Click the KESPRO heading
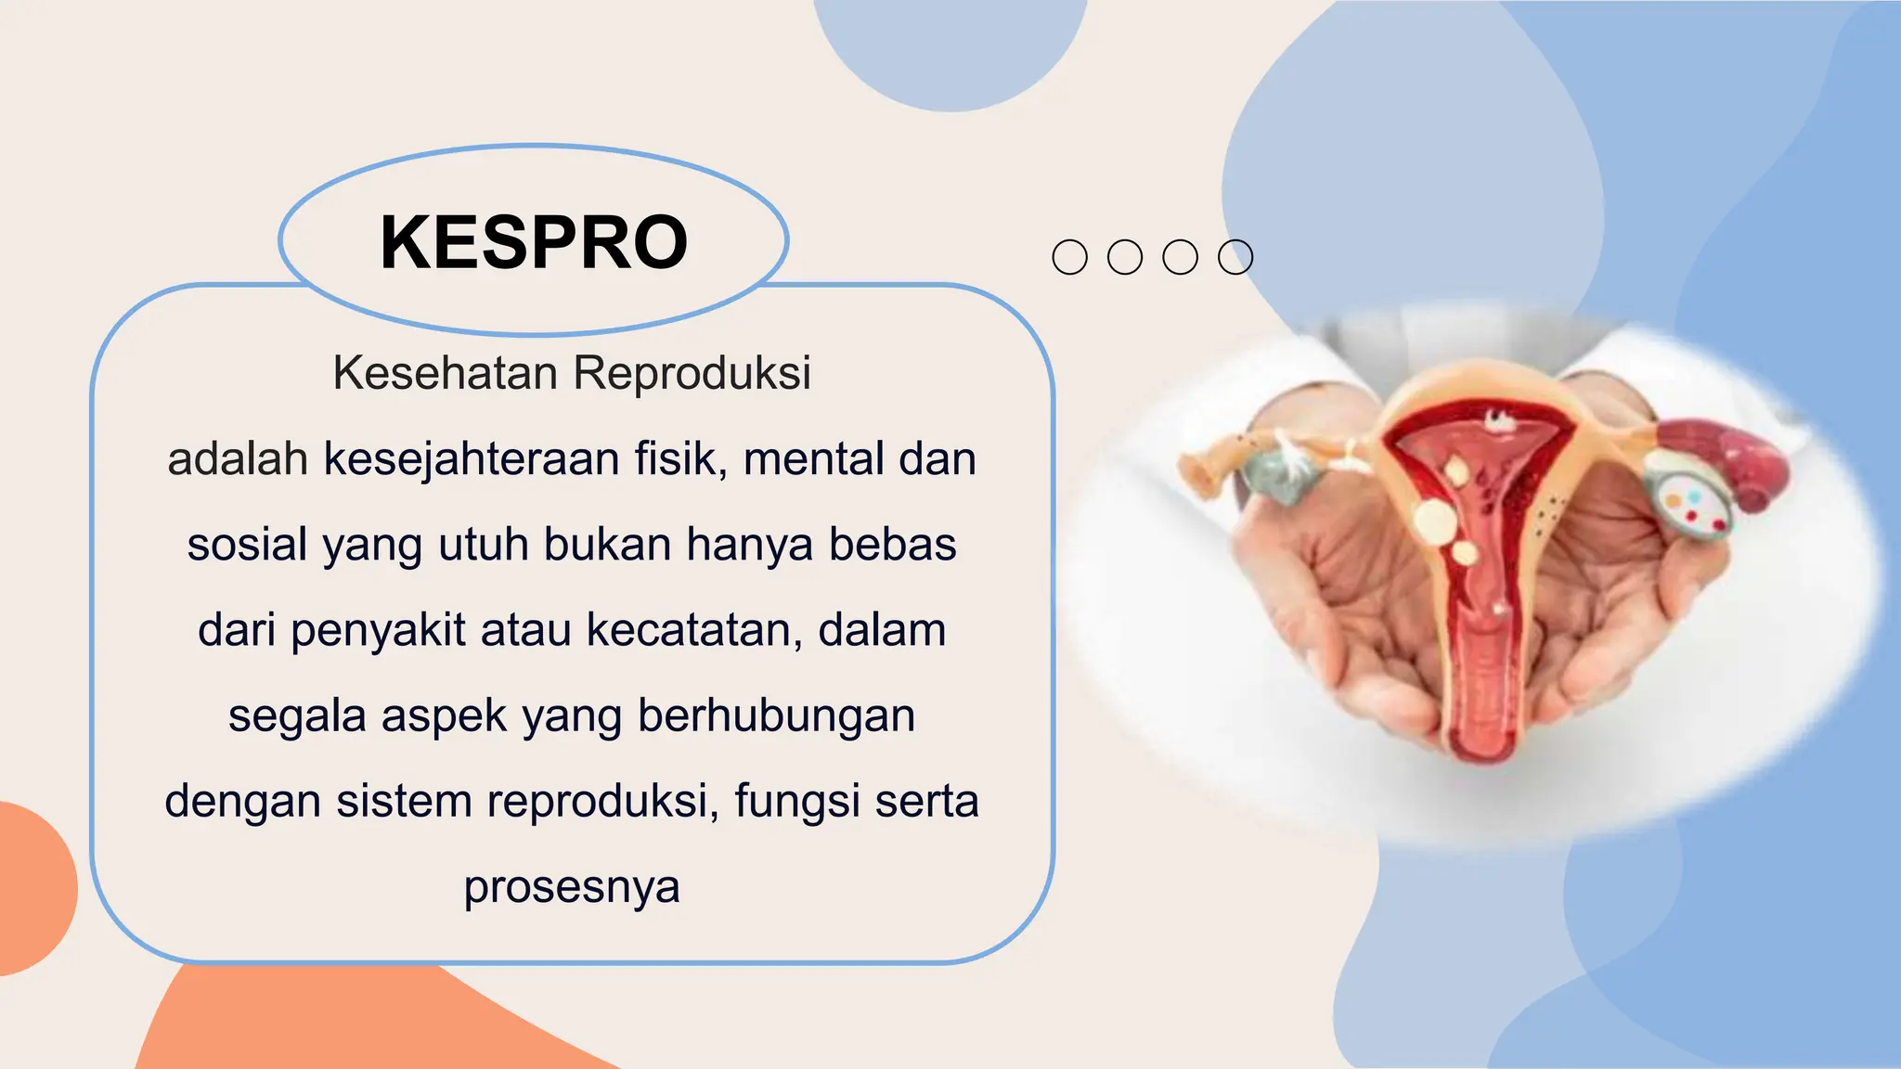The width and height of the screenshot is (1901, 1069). click(x=534, y=242)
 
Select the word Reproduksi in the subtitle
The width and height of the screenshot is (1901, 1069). click(x=692, y=373)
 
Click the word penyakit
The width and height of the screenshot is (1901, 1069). click(x=378, y=631)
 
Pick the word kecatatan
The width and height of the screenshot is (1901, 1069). click(x=693, y=631)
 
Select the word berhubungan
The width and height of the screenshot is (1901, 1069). click(x=776, y=716)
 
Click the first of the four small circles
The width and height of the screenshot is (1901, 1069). click(x=1069, y=257)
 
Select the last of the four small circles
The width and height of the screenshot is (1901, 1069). click(x=1235, y=257)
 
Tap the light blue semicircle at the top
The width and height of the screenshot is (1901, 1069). click(x=950, y=46)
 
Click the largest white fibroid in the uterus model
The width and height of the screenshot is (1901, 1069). click(x=1435, y=521)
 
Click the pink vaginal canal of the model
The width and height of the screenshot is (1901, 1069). click(x=1485, y=687)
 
